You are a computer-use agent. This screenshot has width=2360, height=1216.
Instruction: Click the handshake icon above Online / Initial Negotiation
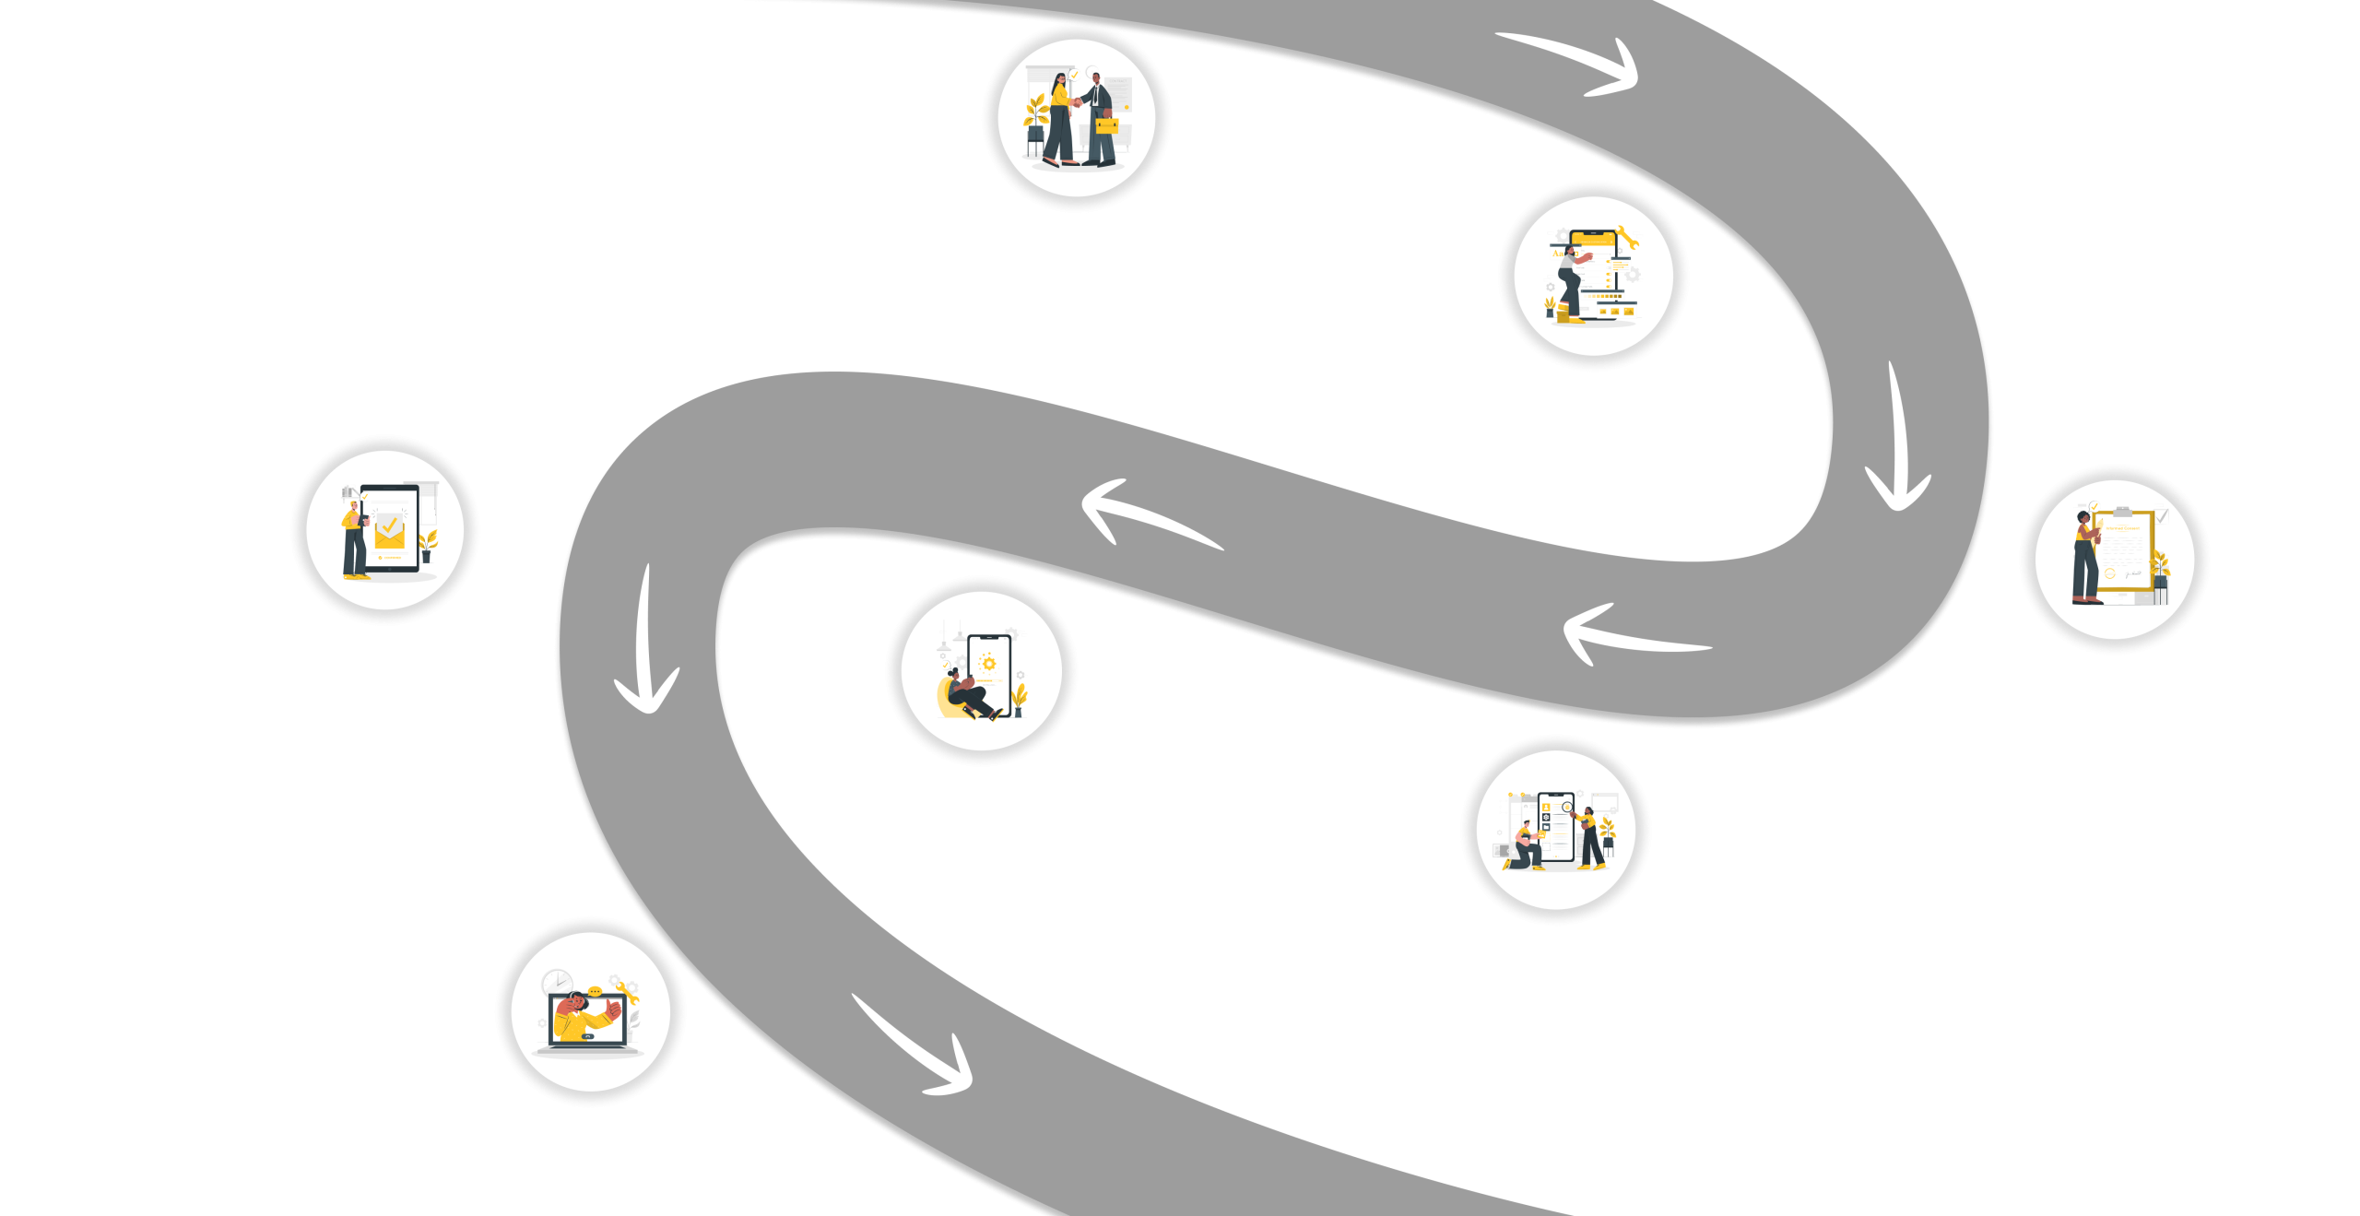point(1077,117)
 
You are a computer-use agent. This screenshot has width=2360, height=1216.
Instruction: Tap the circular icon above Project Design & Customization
point(1593,276)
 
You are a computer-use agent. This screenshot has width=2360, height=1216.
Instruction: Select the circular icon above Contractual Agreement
point(2115,560)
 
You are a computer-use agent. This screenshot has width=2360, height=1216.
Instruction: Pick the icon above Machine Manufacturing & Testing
point(1556,830)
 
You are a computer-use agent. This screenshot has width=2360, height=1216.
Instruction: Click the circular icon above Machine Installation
point(982,670)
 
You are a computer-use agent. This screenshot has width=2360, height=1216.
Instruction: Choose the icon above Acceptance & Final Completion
point(385,530)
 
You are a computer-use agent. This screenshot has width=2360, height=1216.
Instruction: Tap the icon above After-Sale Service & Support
point(591,1011)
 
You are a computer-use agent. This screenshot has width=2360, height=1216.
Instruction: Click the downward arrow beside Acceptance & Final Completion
point(647,645)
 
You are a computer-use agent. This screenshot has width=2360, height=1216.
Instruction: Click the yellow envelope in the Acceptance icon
point(389,531)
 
